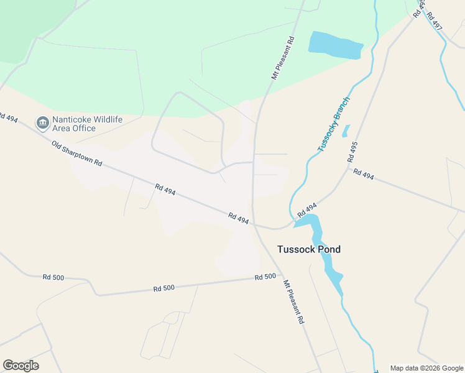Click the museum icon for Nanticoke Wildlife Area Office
[43, 122]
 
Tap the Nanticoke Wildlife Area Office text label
[74, 123]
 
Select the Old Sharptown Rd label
[76, 154]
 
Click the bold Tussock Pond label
[309, 249]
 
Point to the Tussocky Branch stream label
[334, 124]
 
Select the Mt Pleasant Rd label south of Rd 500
[293, 302]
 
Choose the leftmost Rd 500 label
[53, 277]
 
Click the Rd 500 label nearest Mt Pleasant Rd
[265, 277]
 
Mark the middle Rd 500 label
[164, 288]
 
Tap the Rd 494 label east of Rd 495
[364, 175]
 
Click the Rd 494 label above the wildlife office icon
[8, 117]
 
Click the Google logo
[21, 366]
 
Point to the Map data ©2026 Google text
[427, 368]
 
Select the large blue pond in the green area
[335, 45]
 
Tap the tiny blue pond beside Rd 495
[346, 131]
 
